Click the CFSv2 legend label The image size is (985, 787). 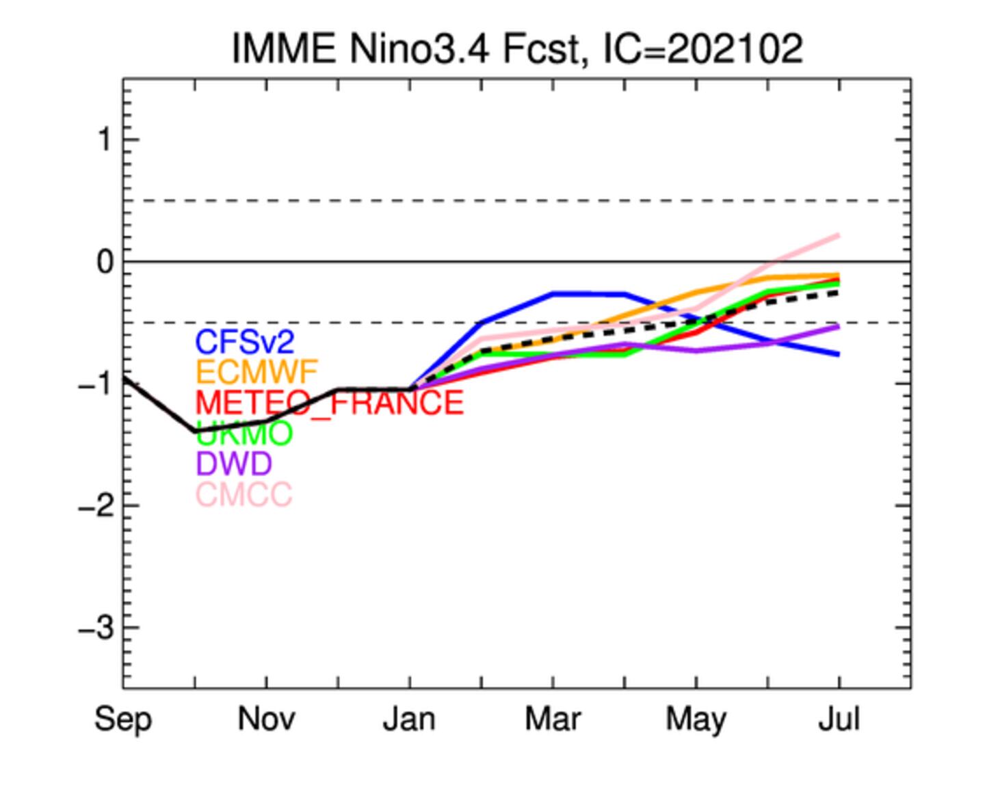[244, 341]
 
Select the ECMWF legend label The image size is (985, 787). [257, 372]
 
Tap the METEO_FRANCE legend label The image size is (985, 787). [329, 403]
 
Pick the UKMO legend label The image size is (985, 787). [245, 433]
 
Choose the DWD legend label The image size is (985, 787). [233, 464]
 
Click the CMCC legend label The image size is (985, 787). [244, 494]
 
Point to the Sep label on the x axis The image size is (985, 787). [123, 719]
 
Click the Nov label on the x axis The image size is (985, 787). [266, 719]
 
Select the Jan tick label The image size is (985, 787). [409, 719]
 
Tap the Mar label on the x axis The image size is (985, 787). [553, 719]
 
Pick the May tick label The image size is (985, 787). [696, 719]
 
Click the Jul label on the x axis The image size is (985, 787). [839, 719]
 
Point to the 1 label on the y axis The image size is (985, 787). [104, 141]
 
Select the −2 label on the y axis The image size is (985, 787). [96, 507]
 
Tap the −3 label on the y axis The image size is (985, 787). [96, 628]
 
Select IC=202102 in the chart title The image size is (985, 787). [702, 49]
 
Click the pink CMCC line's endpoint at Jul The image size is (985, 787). [838, 236]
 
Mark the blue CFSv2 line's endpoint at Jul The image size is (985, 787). [838, 354]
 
